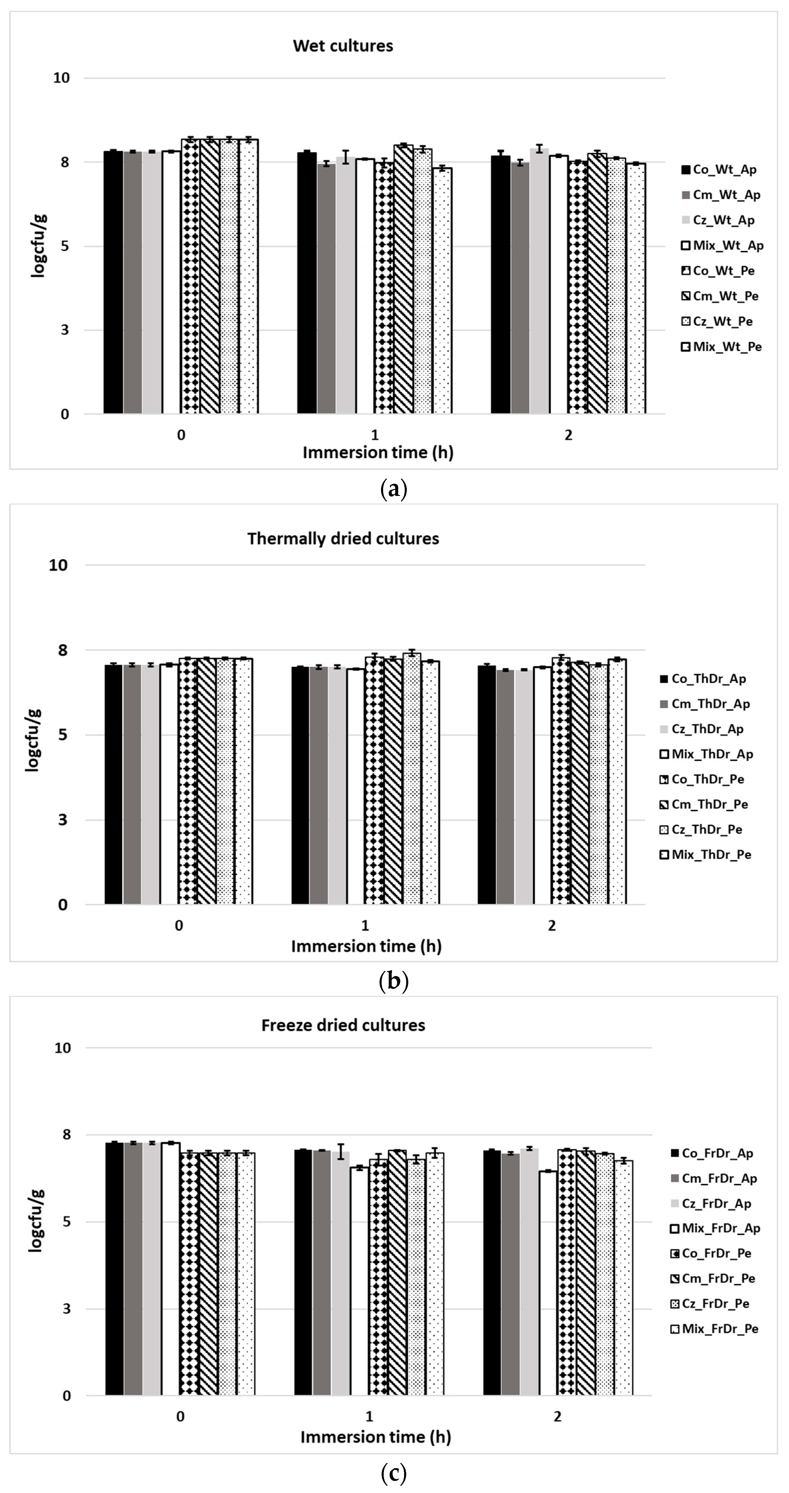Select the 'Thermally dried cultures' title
click(x=343, y=538)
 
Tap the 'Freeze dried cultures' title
click(x=343, y=1025)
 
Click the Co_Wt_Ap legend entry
click(x=719, y=170)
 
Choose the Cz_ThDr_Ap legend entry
click(x=701, y=729)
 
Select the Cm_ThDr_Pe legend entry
click(x=704, y=805)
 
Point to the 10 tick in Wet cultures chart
click(x=62, y=78)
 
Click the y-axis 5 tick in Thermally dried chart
click(x=62, y=735)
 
